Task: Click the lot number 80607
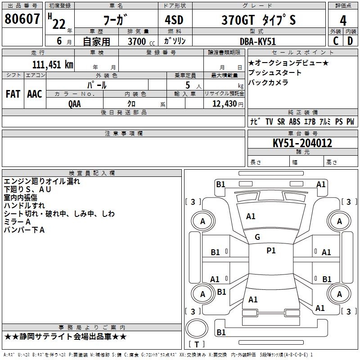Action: (x=22, y=18)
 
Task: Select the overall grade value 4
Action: (x=343, y=20)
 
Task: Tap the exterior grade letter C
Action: (x=336, y=41)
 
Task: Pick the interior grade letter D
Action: (x=350, y=41)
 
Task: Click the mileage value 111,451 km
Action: (x=53, y=64)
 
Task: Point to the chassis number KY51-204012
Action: (x=302, y=143)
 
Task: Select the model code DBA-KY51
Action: (x=257, y=41)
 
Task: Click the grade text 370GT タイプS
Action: (x=258, y=20)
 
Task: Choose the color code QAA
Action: (x=75, y=104)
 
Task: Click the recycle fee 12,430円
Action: (x=228, y=104)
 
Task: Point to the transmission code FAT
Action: (x=13, y=94)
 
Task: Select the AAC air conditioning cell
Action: (x=35, y=94)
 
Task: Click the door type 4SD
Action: (x=174, y=20)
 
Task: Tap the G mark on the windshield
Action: (x=257, y=237)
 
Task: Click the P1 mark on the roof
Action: (x=271, y=251)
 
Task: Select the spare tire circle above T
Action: (x=197, y=328)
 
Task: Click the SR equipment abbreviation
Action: (x=281, y=121)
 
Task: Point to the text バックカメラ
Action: (x=268, y=82)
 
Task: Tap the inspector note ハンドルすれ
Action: (x=24, y=206)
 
